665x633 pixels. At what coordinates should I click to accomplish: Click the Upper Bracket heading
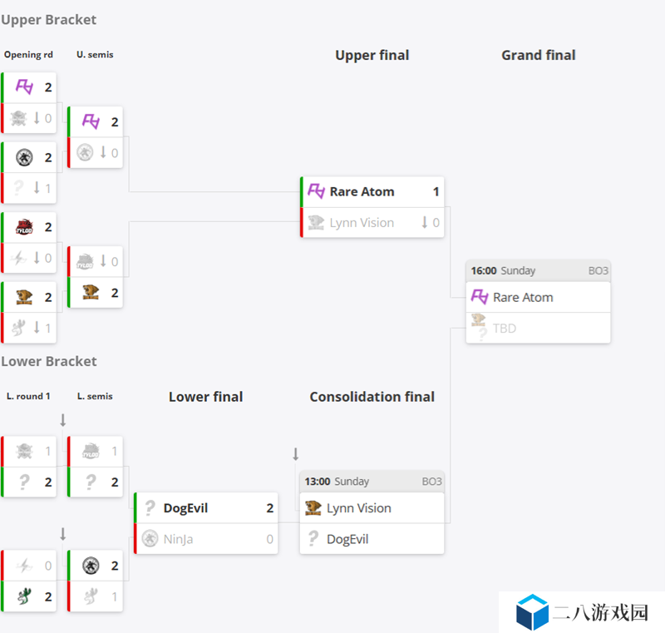click(x=49, y=20)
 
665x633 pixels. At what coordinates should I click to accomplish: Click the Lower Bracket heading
click(x=49, y=362)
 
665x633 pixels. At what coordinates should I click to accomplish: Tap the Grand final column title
click(x=538, y=55)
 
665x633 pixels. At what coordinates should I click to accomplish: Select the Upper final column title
click(x=372, y=55)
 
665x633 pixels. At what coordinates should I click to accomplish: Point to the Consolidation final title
click(x=372, y=397)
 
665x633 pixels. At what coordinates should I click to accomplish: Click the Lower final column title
click(x=205, y=397)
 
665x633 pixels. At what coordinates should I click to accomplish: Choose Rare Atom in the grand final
click(x=523, y=298)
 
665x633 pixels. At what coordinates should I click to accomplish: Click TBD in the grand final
click(x=505, y=329)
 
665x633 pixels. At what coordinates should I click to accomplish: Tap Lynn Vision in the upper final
click(x=362, y=223)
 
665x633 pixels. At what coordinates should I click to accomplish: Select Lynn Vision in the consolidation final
click(x=359, y=508)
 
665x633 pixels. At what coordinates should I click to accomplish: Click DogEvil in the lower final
click(x=185, y=508)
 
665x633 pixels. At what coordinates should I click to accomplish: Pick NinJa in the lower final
click(x=178, y=539)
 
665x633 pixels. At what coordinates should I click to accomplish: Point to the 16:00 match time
click(x=484, y=270)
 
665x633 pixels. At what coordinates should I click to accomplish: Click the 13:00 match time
click(x=318, y=482)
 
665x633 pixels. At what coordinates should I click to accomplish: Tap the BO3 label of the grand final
click(x=598, y=270)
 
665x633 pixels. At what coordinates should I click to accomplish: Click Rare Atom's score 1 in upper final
click(x=436, y=192)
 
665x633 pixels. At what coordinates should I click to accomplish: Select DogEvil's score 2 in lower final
click(x=269, y=508)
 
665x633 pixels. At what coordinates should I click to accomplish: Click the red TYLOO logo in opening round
click(x=24, y=227)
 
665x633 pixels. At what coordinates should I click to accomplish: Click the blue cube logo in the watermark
click(x=532, y=612)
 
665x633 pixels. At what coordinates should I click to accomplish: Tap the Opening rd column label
click(x=28, y=55)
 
